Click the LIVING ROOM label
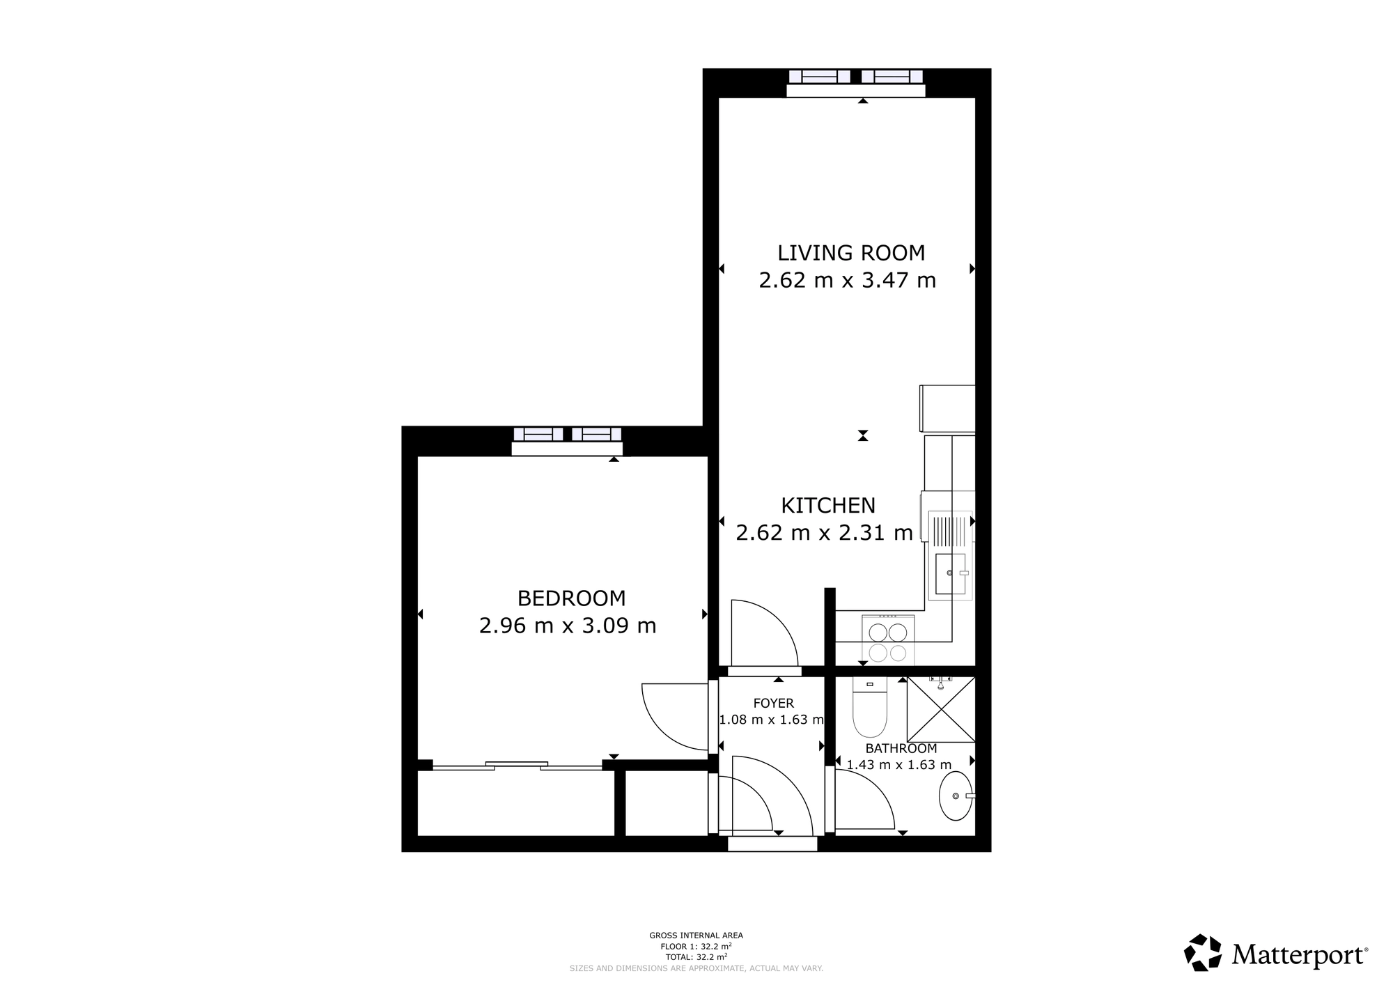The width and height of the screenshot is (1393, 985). click(x=851, y=252)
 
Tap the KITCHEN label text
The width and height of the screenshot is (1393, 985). click(x=828, y=505)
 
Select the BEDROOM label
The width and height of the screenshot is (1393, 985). click(x=571, y=598)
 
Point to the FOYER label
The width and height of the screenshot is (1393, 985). click(x=773, y=704)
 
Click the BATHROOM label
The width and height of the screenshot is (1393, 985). click(x=901, y=749)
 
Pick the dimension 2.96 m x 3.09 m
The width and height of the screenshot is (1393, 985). click(x=568, y=626)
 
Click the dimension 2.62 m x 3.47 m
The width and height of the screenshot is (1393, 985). click(x=848, y=280)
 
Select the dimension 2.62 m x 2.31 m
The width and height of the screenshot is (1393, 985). click(x=825, y=533)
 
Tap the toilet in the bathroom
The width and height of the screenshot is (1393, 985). click(x=870, y=708)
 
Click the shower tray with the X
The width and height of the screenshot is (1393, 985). click(x=941, y=709)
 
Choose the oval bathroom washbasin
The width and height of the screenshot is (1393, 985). click(x=956, y=796)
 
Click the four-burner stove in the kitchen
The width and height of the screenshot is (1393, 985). click(x=888, y=639)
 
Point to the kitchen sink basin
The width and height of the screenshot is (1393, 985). click(x=950, y=574)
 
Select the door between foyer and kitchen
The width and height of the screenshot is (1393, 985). click(x=763, y=633)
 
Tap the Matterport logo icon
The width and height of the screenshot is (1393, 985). click(x=1203, y=952)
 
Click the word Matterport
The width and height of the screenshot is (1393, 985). click(x=1300, y=954)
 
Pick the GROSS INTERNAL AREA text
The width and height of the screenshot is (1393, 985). click(x=696, y=936)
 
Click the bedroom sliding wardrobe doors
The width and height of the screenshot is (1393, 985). click(x=517, y=766)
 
